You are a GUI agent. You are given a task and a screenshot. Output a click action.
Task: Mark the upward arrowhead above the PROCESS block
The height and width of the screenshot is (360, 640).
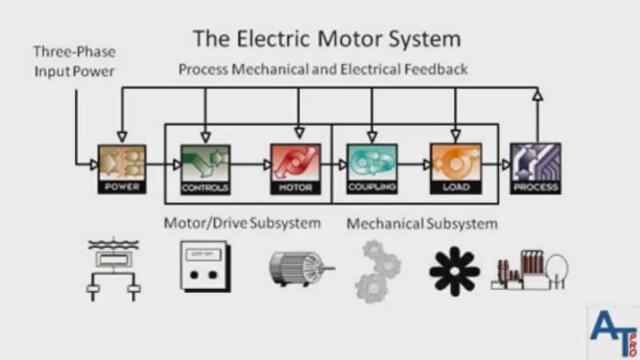[x=538, y=96]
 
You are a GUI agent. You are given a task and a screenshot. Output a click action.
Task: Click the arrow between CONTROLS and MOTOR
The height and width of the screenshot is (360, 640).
[x=250, y=164]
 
